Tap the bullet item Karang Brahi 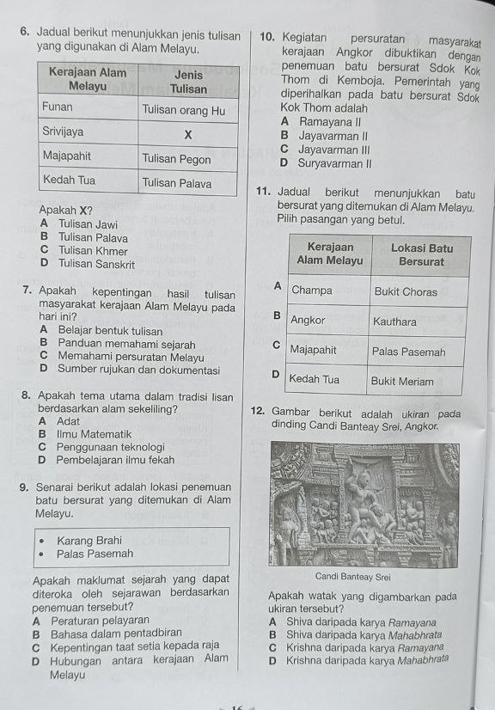(89, 540)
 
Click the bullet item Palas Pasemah (95, 554)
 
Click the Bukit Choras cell (406, 291)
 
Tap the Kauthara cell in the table (395, 321)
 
